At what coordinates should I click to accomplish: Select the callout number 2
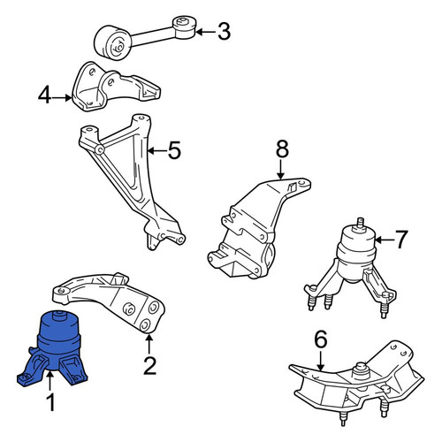coord(149,366)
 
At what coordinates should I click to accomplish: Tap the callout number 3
coord(224,32)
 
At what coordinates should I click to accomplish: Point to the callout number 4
coord(45,95)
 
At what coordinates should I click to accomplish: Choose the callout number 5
coord(174,150)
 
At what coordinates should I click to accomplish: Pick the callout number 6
coord(321,339)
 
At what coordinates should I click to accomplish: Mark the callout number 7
coord(401,240)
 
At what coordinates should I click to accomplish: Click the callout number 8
coord(282,149)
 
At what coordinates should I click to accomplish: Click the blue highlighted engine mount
coord(52,347)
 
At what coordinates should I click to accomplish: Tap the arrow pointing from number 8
coord(280,170)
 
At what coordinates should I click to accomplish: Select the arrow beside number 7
coord(384,240)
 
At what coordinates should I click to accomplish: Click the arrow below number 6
coord(321,361)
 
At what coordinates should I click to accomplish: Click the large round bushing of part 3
coord(113,43)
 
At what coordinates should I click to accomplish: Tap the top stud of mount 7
coord(360,223)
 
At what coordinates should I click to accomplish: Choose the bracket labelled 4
coord(116,87)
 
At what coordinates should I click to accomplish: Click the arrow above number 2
coord(149,344)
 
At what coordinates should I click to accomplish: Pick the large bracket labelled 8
coord(259,228)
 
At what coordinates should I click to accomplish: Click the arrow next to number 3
coord(205,32)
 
